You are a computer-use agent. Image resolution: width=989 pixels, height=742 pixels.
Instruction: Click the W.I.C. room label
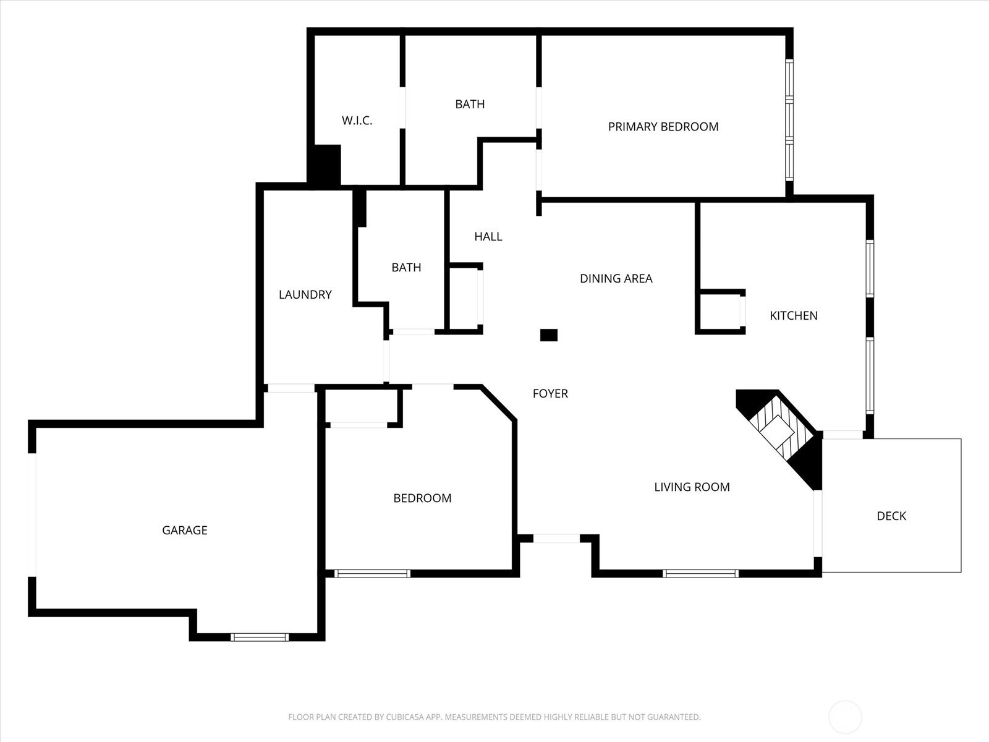[x=357, y=121]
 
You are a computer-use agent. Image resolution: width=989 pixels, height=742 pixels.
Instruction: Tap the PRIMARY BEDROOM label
[x=663, y=127]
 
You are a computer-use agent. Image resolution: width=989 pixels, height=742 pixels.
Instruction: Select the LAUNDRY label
[x=305, y=295]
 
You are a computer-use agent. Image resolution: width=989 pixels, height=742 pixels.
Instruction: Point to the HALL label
[x=488, y=237]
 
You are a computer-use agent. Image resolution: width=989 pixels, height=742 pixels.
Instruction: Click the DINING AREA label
[x=616, y=278]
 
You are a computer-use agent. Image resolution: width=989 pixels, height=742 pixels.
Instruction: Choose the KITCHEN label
[x=794, y=316]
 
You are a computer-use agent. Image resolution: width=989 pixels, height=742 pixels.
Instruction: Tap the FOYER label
[x=550, y=394]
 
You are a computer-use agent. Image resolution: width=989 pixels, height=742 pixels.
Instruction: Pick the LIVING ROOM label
[x=692, y=487]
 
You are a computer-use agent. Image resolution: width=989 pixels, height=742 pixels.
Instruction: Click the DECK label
[x=891, y=516]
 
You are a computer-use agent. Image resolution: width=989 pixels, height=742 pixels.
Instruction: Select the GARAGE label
[x=185, y=531]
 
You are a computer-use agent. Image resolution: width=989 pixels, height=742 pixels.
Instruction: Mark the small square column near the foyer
[x=549, y=335]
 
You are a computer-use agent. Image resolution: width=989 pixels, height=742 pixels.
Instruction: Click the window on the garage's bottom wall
[x=260, y=637]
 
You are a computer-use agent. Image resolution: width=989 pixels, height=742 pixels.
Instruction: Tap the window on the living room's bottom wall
[x=700, y=574]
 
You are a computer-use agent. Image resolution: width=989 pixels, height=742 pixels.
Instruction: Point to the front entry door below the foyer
[x=556, y=539]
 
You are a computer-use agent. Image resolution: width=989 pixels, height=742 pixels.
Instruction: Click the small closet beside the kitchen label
[x=720, y=312]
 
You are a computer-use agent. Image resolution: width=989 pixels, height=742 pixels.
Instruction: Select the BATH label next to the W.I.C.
[x=470, y=104]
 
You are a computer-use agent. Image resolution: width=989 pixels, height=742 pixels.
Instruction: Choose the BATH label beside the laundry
[x=406, y=268]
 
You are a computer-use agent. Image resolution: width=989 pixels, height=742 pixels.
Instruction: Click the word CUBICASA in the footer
[x=405, y=717]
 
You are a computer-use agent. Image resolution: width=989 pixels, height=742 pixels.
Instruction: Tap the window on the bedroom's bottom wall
[x=372, y=574]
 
